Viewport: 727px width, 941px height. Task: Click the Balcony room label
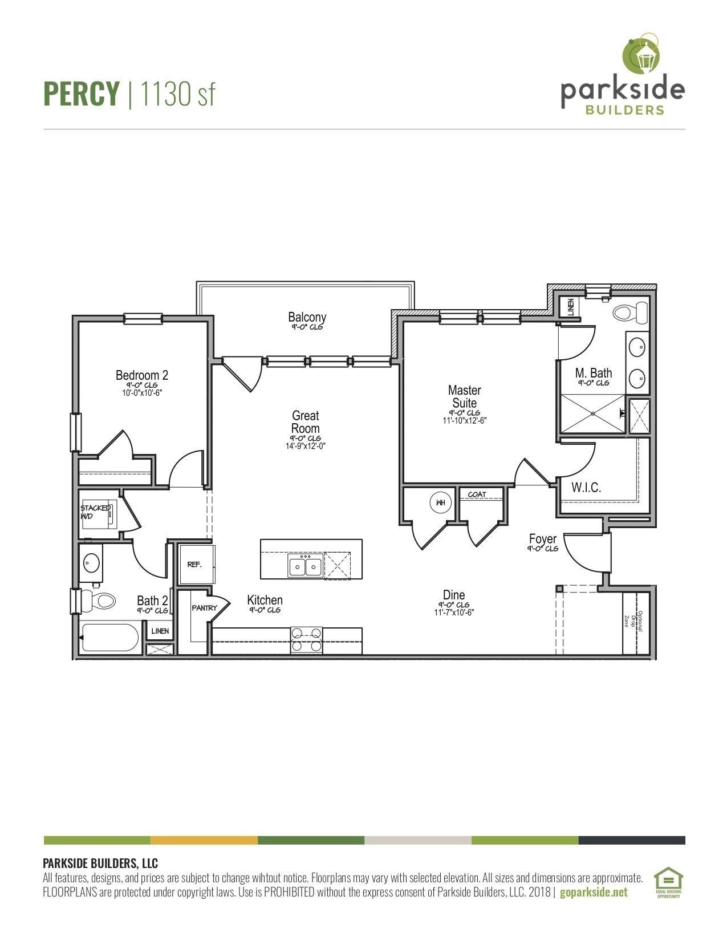(307, 317)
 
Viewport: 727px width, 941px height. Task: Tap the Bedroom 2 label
(141, 375)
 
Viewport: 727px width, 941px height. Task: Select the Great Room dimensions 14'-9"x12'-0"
(305, 446)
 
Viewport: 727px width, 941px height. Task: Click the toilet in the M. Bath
(631, 312)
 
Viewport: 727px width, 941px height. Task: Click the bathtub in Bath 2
(109, 638)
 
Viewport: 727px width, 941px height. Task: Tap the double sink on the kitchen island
(305, 566)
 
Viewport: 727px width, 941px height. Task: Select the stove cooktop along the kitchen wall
(306, 639)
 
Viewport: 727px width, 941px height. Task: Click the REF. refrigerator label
(194, 565)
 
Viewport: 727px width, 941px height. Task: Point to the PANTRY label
(204, 608)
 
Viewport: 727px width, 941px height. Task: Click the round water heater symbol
(440, 502)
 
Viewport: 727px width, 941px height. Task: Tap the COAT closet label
(477, 494)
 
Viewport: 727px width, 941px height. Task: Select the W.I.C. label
(586, 488)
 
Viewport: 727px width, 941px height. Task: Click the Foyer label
(542, 539)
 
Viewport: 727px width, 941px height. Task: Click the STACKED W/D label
(95, 512)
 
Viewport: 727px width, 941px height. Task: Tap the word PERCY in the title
(81, 94)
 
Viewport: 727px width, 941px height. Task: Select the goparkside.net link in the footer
(593, 891)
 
